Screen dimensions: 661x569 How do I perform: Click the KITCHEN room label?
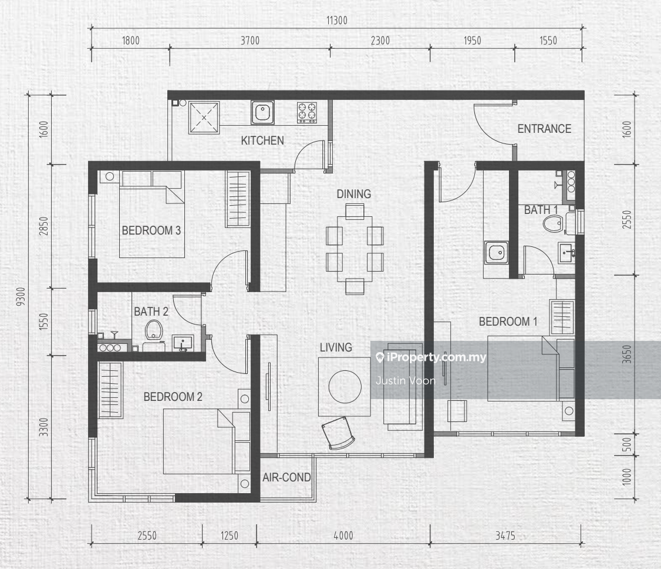pos(262,140)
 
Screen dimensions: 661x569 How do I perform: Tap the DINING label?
pos(353,194)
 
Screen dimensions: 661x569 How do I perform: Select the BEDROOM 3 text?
pos(151,230)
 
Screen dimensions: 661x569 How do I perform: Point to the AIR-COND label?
pos(286,477)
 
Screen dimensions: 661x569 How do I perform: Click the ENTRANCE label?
pos(544,129)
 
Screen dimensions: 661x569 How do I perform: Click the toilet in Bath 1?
pos(553,223)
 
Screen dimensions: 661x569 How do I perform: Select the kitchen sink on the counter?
pos(262,112)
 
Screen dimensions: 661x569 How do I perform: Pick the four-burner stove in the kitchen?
pos(307,112)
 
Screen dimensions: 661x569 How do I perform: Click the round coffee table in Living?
pos(345,387)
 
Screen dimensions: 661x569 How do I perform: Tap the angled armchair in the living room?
pos(338,433)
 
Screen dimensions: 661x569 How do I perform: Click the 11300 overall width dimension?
pos(337,20)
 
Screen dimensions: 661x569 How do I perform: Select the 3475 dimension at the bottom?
pos(505,535)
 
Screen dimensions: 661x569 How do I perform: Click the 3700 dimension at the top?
pos(250,41)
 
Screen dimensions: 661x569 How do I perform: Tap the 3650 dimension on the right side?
pos(628,354)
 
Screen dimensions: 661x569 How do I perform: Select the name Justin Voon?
pos(406,381)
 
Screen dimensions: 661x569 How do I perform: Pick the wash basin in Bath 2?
pos(183,343)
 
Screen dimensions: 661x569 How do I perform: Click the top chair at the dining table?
pos(355,210)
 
